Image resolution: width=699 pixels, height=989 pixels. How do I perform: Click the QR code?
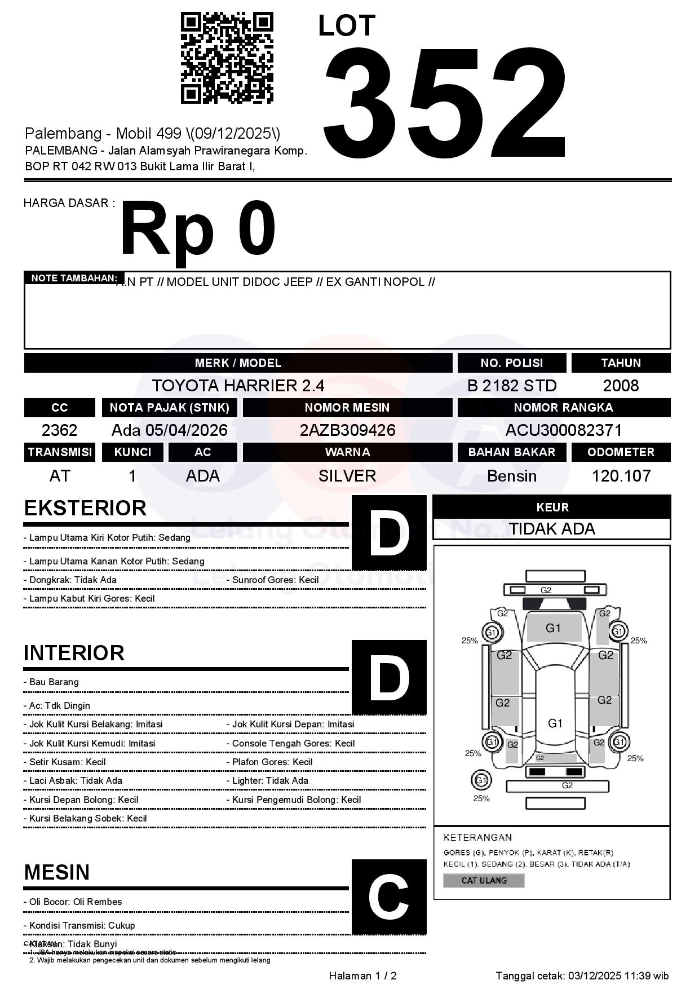[x=227, y=58]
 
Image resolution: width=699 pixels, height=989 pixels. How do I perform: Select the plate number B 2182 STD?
[x=511, y=386]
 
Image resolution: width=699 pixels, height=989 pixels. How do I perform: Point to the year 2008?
[x=621, y=386]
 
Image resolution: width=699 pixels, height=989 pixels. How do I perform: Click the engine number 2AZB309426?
[x=347, y=431]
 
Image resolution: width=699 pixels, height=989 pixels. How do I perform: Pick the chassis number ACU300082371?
[x=563, y=431]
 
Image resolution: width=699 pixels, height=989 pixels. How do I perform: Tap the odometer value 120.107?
[x=621, y=476]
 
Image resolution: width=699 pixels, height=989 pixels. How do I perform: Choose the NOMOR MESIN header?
[x=347, y=408]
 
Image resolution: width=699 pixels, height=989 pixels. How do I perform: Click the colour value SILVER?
[x=347, y=476]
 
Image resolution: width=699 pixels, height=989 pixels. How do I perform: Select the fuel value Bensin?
[x=511, y=476]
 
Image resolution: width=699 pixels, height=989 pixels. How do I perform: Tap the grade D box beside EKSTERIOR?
[x=389, y=533]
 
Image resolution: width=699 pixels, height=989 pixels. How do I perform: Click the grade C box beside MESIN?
[x=389, y=897]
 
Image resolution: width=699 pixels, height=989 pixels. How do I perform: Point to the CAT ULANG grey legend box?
[x=484, y=880]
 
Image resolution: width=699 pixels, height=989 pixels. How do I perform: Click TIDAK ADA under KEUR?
[x=551, y=529]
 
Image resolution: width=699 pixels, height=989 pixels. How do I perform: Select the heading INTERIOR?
[x=74, y=653]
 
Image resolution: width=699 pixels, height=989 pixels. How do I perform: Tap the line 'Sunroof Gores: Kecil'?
[x=275, y=580]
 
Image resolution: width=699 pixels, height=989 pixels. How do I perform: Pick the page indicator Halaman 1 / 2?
[x=362, y=976]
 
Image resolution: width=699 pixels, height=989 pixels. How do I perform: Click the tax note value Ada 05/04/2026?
[x=169, y=431]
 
